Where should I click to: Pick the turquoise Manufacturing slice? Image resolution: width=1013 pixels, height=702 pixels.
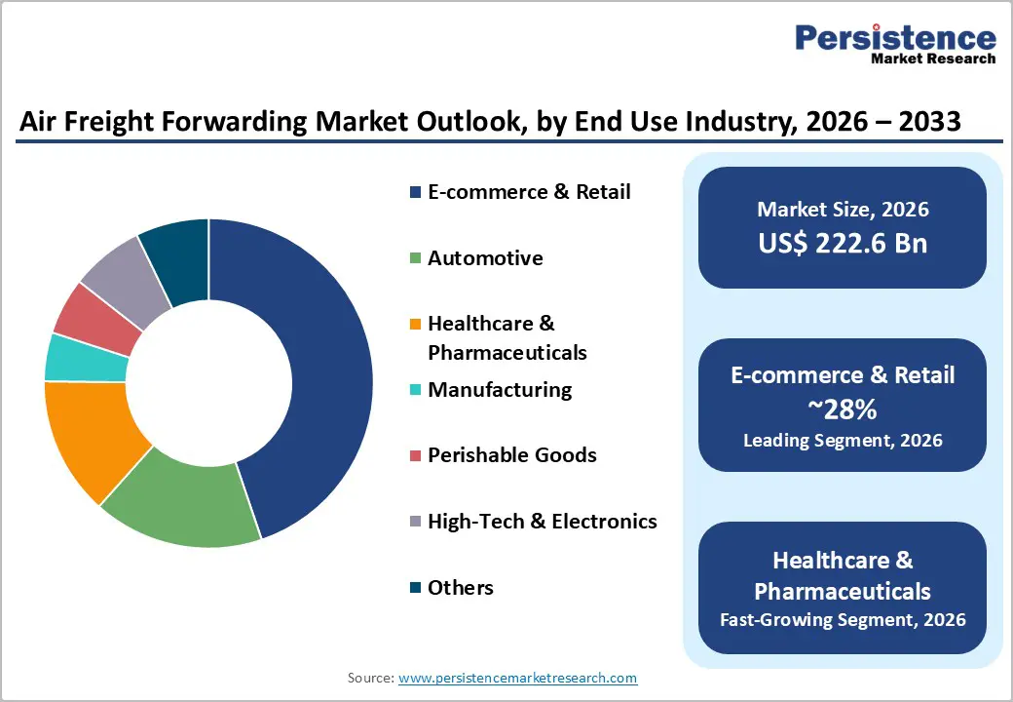[86, 358]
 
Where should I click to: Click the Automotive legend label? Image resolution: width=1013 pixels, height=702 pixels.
[485, 258]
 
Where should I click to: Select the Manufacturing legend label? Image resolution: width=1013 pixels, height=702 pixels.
[500, 390]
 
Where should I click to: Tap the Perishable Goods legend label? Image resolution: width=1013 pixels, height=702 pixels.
[512, 455]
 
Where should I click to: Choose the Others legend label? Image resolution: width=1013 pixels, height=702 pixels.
[461, 587]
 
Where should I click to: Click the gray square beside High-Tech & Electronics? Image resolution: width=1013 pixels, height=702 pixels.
[416, 523]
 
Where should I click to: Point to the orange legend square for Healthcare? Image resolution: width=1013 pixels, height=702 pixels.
[416, 324]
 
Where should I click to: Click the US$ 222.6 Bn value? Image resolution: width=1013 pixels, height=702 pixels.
[843, 243]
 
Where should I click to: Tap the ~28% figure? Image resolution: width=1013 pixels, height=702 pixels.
[843, 409]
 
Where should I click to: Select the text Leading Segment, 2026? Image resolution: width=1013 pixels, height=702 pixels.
[843, 441]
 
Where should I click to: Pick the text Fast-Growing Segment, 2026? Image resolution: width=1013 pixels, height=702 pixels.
[843, 619]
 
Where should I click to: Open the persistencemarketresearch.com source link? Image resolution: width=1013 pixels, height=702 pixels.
[518, 678]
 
